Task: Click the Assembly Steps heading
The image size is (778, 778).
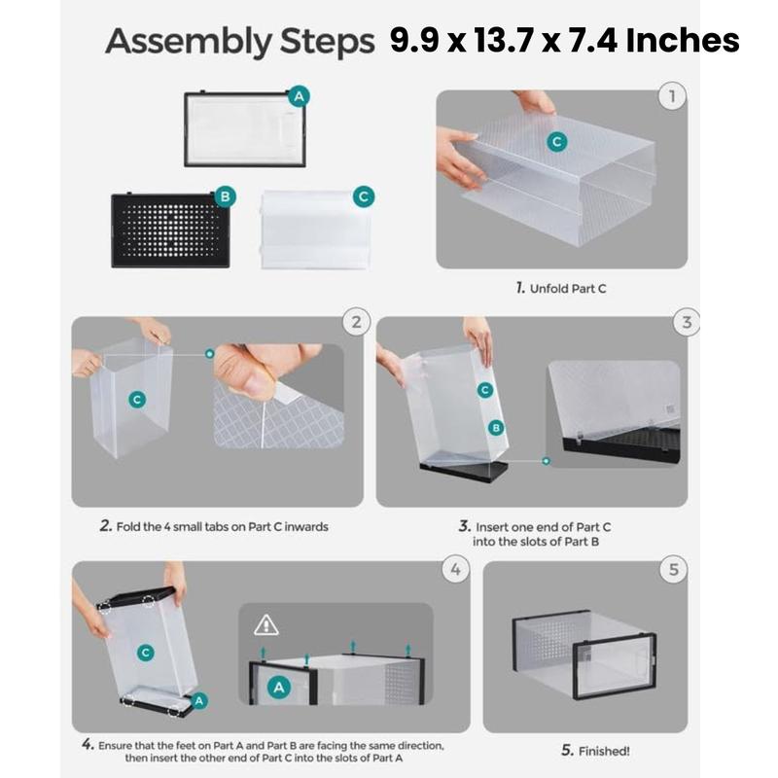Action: pyautogui.click(x=239, y=43)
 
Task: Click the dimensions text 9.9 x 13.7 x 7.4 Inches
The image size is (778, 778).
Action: pyautogui.click(x=565, y=41)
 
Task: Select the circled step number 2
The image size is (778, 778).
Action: pyautogui.click(x=357, y=322)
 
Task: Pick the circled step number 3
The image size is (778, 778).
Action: pyautogui.click(x=689, y=322)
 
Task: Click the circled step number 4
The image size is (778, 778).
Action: pyautogui.click(x=454, y=569)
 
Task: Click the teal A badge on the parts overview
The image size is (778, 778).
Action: pyautogui.click(x=299, y=95)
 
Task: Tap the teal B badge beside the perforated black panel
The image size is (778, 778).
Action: pyautogui.click(x=225, y=196)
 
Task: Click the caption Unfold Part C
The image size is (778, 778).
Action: pyautogui.click(x=562, y=289)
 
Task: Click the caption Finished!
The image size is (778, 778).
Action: pyautogui.click(x=595, y=750)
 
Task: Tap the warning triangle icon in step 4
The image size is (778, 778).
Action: pyautogui.click(x=265, y=624)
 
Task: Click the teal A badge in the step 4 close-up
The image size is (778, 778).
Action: pyautogui.click(x=279, y=687)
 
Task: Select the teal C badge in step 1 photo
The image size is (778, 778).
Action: pyautogui.click(x=556, y=142)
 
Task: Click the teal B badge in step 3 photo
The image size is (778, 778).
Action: pyautogui.click(x=495, y=427)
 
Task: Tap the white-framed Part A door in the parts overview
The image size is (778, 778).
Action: pyautogui.click(x=243, y=129)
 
